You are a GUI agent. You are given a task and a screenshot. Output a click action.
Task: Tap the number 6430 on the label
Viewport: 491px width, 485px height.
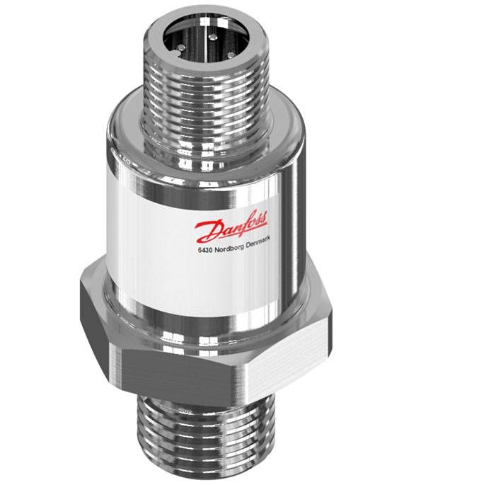click(205, 251)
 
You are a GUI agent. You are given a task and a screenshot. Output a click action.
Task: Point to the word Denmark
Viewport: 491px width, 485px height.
click(258, 242)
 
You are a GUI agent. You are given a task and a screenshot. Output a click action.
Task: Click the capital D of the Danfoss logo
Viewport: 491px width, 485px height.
click(207, 232)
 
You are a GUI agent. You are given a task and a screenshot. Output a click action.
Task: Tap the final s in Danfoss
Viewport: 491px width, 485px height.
click(264, 217)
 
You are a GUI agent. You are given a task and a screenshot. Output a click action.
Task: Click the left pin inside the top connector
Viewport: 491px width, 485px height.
click(181, 48)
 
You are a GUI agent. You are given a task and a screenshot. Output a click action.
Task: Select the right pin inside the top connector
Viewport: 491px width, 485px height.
click(231, 55)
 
